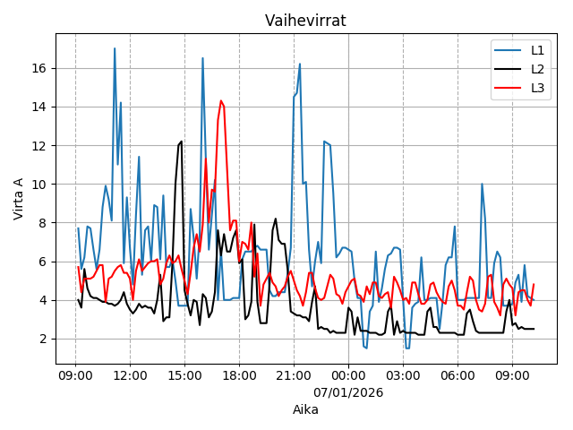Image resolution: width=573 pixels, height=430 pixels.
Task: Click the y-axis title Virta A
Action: pos(19,199)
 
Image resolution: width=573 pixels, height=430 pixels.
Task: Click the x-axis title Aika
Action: pos(305,409)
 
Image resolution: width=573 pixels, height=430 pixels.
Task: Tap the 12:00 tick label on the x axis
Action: pos(130,376)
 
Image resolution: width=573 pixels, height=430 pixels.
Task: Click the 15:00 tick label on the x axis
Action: pos(184,376)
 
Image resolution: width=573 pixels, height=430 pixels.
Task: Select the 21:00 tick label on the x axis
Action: pos(294,376)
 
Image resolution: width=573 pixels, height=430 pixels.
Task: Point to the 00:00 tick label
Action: pos(348,376)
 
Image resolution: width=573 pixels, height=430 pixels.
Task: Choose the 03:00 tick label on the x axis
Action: pos(403,376)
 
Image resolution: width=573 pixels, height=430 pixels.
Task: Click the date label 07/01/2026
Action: pos(348,392)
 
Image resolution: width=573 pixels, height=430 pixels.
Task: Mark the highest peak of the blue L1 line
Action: pos(115,48)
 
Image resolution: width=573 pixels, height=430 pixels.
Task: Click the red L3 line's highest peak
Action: pos(221,100)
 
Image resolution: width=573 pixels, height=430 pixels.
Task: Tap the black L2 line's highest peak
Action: pos(182,141)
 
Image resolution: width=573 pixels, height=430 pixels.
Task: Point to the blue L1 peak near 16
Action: pos(300,64)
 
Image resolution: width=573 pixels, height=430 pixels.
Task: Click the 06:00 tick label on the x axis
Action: pos(458,376)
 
